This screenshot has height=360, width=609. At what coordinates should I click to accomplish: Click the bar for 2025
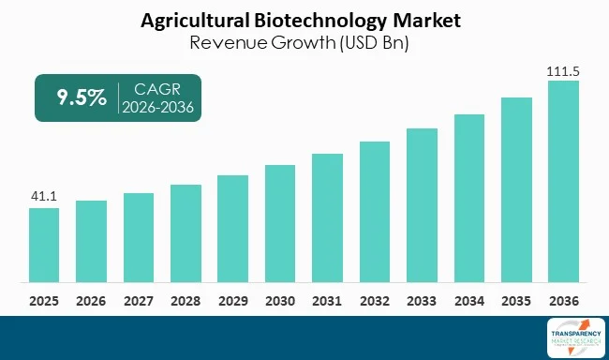click(x=43, y=246)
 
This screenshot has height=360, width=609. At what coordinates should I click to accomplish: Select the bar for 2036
click(x=562, y=182)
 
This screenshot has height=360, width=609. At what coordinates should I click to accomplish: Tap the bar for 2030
click(x=279, y=224)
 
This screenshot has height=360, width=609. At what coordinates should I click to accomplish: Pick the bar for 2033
click(x=421, y=206)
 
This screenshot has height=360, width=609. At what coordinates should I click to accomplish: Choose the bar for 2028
click(x=185, y=233)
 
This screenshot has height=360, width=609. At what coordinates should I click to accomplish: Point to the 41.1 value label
click(x=43, y=197)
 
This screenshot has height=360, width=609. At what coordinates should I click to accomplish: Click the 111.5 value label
click(x=562, y=70)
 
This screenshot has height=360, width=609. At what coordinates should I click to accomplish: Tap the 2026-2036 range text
click(x=156, y=108)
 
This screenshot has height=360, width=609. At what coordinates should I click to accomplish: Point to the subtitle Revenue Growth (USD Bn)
click(x=304, y=42)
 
